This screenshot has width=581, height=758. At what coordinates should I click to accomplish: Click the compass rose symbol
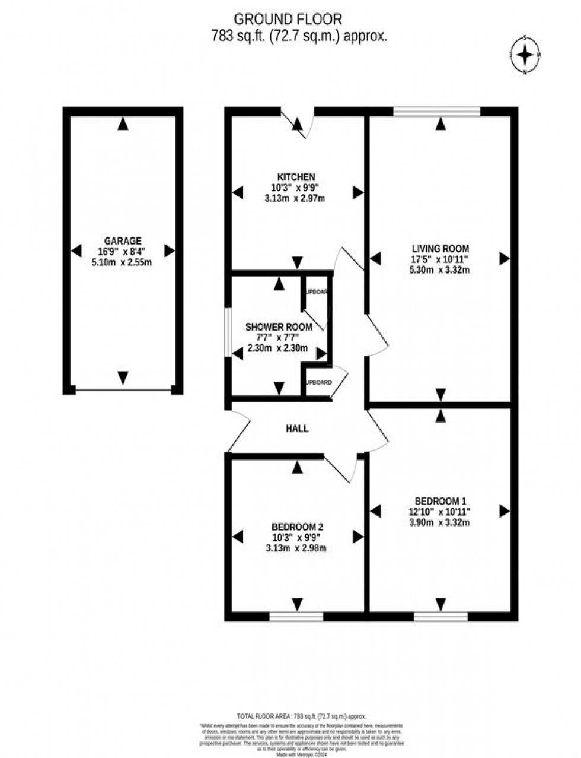(x=525, y=55)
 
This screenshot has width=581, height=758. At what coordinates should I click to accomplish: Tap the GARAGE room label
(x=123, y=241)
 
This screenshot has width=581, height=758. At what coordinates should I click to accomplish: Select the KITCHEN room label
(x=296, y=177)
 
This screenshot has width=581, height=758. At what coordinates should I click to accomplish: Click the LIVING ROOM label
(x=440, y=249)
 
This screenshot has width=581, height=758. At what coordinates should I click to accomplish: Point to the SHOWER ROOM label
(x=279, y=327)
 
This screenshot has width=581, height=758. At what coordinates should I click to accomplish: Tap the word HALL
(x=297, y=429)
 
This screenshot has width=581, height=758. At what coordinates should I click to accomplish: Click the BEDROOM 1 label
(x=440, y=500)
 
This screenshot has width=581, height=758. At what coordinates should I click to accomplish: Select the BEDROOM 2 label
(x=297, y=527)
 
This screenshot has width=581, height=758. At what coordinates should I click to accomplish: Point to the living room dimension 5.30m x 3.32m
(x=440, y=271)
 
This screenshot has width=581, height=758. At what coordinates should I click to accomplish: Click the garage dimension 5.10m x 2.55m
(x=123, y=262)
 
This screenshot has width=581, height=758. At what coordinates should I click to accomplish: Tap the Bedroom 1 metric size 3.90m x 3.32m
(x=440, y=522)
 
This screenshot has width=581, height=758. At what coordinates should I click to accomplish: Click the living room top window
(x=437, y=111)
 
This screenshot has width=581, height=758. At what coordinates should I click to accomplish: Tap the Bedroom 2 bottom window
(x=296, y=617)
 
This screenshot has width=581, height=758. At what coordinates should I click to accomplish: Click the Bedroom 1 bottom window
(x=440, y=617)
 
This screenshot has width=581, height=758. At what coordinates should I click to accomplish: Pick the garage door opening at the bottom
(x=123, y=390)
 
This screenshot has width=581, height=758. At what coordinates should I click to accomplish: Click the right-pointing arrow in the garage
(x=170, y=251)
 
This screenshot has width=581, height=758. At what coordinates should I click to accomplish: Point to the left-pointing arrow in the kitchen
(x=238, y=192)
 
